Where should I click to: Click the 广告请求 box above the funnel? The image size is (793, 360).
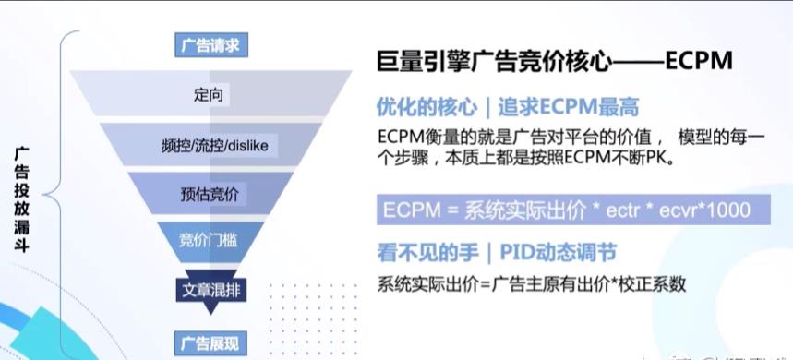pyautogui.click(x=210, y=44)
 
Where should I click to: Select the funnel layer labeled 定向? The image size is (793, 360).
pyautogui.click(x=210, y=95)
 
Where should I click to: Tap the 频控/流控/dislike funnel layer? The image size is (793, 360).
pyautogui.click(x=212, y=145)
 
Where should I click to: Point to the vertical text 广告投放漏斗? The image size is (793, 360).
pyautogui.click(x=21, y=198)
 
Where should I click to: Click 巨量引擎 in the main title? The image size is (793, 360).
pyautogui.click(x=414, y=62)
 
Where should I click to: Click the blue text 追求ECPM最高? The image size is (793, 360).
pyautogui.click(x=569, y=107)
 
